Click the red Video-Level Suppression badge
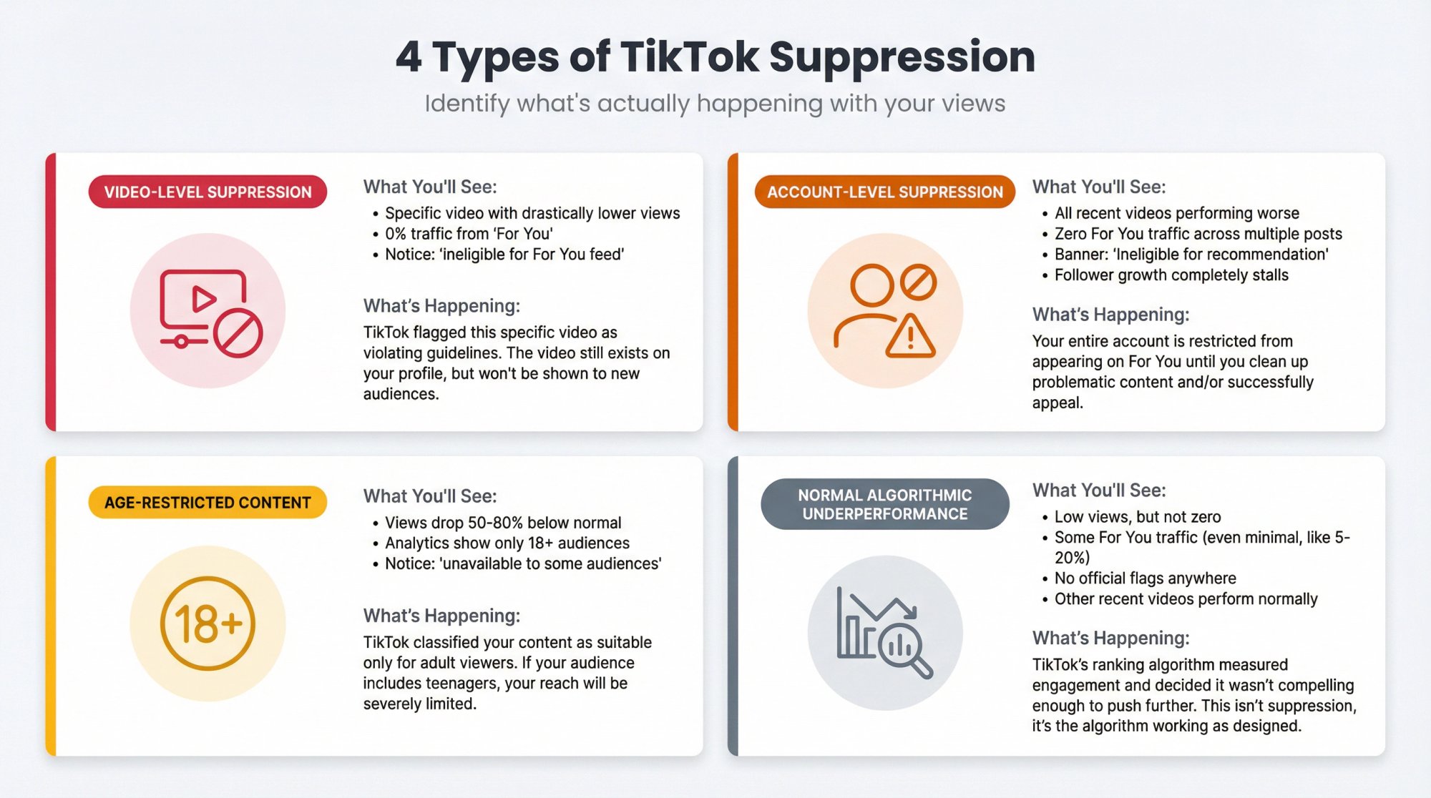coord(207,192)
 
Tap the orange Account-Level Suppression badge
coord(884,192)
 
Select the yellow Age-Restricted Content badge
coord(207,503)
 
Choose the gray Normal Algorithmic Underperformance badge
coord(884,504)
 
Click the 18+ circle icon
coord(207,623)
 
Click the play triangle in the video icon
coord(203,298)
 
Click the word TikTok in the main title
coord(688,56)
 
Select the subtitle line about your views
coord(715,104)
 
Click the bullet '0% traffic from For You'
coord(469,234)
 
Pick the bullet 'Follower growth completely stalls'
coord(1171,275)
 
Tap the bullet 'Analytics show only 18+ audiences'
coord(507,543)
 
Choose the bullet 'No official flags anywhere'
coord(1145,578)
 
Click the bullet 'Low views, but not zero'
coord(1138,517)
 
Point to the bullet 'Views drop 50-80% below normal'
coord(503,523)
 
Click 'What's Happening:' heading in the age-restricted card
coord(441,616)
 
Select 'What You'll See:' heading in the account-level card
coord(1098,187)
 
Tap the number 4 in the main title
coord(409,56)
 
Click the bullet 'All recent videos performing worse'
coord(1176,213)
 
